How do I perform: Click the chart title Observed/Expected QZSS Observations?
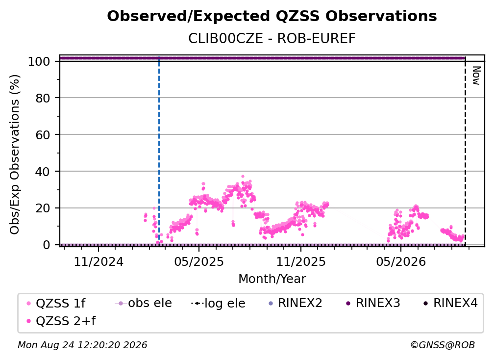point(272,16)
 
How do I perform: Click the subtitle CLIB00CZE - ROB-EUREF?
point(272,39)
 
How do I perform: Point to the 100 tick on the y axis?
point(39,61)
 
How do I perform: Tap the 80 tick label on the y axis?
point(43,98)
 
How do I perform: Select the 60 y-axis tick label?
point(43,135)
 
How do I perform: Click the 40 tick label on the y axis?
point(43,172)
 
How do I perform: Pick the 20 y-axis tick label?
point(43,208)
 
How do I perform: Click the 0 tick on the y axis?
point(47,245)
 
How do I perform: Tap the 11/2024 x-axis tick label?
point(99,261)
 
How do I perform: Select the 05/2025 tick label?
point(199,261)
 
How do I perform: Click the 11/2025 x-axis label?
point(301,261)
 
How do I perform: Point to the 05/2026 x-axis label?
point(401,261)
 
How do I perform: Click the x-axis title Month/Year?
point(272,279)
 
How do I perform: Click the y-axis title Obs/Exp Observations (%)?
point(15,154)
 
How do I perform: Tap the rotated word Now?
point(476,76)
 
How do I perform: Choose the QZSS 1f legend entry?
point(56,303)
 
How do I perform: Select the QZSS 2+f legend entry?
point(61,321)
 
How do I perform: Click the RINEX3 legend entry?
point(373,303)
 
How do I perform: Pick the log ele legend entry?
point(219,303)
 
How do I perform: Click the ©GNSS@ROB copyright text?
point(443,345)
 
